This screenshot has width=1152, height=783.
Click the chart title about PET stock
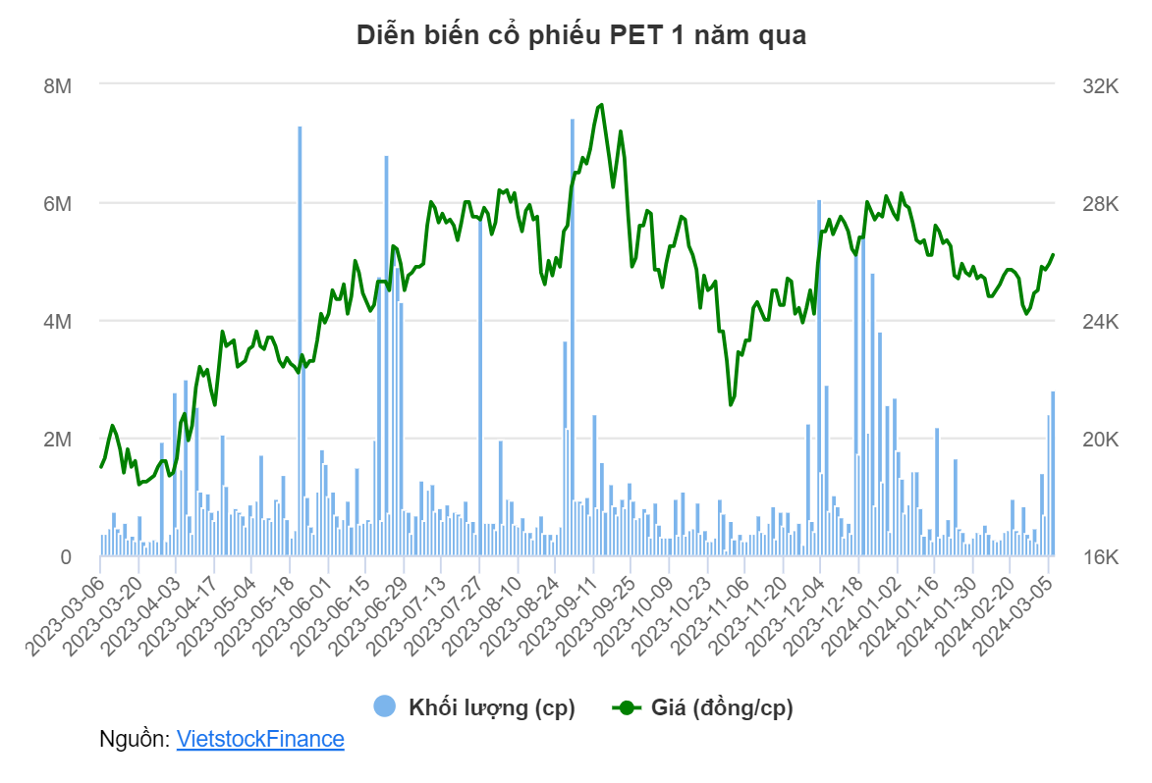(581, 35)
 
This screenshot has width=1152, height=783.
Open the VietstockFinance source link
(260, 738)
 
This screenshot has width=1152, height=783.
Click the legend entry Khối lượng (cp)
(491, 707)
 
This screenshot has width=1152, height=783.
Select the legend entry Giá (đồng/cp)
(722, 707)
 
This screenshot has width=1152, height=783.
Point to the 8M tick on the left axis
(57, 86)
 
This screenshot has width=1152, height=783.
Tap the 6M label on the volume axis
(57, 203)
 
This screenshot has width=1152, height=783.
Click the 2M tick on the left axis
(57, 439)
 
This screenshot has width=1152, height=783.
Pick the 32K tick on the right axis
(1100, 86)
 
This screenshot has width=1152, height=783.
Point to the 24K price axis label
(1100, 322)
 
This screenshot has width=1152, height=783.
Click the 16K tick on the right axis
(1100, 557)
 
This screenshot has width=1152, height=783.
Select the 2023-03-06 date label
(66, 616)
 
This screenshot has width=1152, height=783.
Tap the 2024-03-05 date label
(1013, 616)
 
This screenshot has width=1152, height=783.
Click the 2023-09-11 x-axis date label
(558, 616)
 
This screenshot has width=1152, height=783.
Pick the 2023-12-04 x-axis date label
(786, 616)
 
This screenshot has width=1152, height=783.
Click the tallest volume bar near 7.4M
(573, 338)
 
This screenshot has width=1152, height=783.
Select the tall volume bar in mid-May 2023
(300, 341)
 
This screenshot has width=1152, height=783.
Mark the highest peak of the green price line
(602, 105)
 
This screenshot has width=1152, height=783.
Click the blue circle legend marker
(385, 706)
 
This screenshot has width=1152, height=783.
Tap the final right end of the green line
(1054, 255)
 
